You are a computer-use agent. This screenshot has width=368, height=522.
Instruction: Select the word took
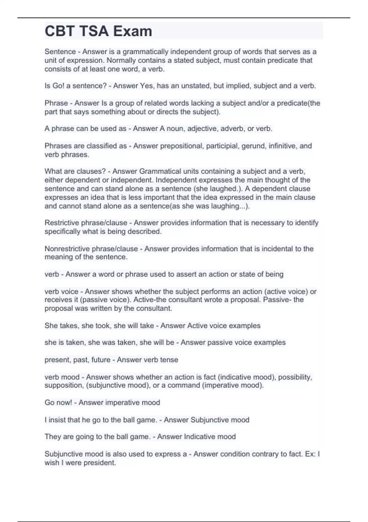103,325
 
